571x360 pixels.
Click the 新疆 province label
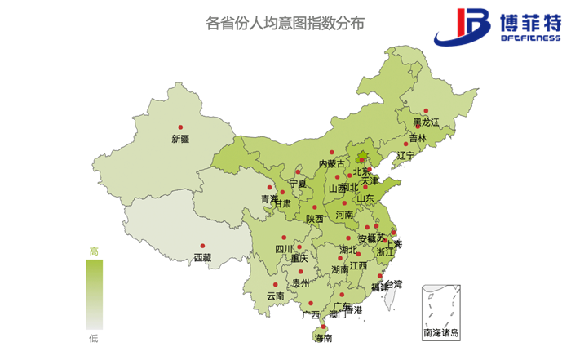point(180,139)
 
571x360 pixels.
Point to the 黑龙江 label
point(426,122)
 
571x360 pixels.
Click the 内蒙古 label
point(331,164)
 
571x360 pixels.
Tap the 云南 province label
point(275,296)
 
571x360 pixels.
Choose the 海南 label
point(322,337)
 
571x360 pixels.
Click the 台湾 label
point(393,284)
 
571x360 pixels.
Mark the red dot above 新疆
point(180,127)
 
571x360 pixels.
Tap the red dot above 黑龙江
point(426,111)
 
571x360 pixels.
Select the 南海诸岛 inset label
point(441,332)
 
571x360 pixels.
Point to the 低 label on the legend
point(94,336)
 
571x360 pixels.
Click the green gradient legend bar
point(94,294)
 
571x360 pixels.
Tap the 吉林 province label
point(418,139)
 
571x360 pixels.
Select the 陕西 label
point(315,219)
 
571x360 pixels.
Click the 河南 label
point(345,215)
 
